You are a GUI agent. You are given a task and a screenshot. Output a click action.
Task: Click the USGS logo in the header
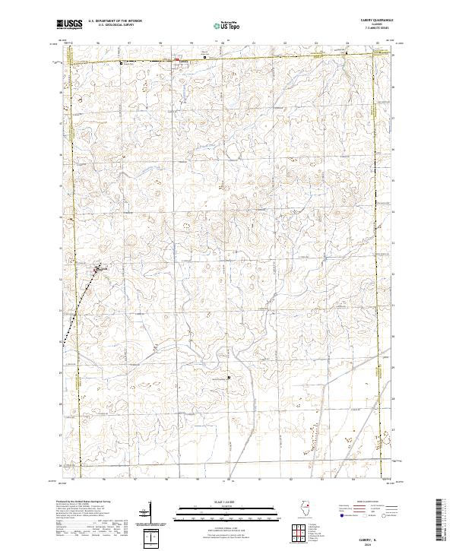click(x=69, y=25)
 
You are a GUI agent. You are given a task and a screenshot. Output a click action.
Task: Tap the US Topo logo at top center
click(x=228, y=25)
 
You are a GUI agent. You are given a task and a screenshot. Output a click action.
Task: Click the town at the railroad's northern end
click(x=100, y=269)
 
